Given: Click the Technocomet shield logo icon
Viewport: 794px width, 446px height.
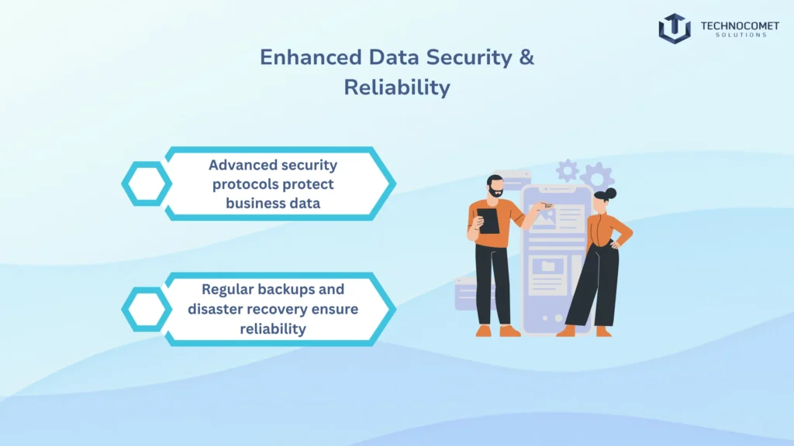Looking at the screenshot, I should point(674,28).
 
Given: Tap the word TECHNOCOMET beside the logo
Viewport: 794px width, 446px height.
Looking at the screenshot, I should point(739,26).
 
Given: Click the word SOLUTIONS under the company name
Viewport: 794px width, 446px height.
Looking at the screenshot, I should point(739,36).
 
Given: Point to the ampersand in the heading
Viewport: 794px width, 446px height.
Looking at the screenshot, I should point(526,58).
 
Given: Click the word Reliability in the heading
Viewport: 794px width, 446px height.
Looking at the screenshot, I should point(397,87).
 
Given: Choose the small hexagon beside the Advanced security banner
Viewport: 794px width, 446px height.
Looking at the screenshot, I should point(146,184).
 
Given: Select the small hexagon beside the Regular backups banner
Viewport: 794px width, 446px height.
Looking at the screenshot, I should point(146,310).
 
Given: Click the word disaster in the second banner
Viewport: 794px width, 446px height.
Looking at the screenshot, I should point(219,309).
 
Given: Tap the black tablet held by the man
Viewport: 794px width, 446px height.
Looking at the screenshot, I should point(488,221).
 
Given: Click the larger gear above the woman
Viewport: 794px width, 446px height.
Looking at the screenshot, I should point(597,177).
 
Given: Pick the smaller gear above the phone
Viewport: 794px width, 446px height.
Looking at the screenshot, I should point(568,170).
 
